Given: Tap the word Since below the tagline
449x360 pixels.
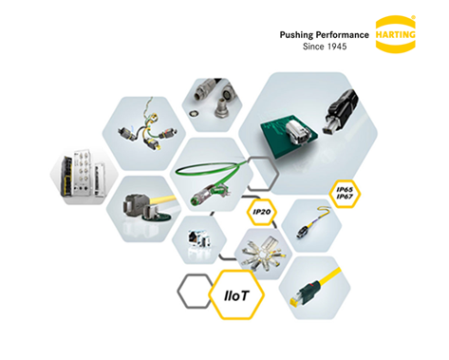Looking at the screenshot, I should coord(312,47).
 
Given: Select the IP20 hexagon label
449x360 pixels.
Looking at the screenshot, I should coord(261,210).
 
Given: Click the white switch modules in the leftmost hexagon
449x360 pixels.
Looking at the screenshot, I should coord(81,177).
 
